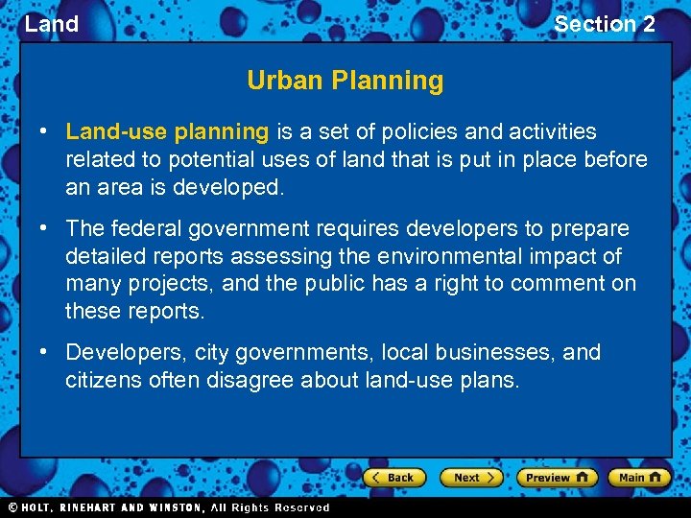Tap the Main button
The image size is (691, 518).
click(x=639, y=477)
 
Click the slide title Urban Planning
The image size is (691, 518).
click(x=345, y=81)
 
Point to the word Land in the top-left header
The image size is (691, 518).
click(x=51, y=24)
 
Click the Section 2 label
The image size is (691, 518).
click(x=605, y=24)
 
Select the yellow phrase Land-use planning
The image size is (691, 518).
click(x=167, y=131)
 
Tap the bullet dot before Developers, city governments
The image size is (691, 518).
click(x=45, y=352)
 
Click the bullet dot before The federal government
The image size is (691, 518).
click(x=45, y=228)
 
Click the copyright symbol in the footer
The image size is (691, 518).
click(x=12, y=507)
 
